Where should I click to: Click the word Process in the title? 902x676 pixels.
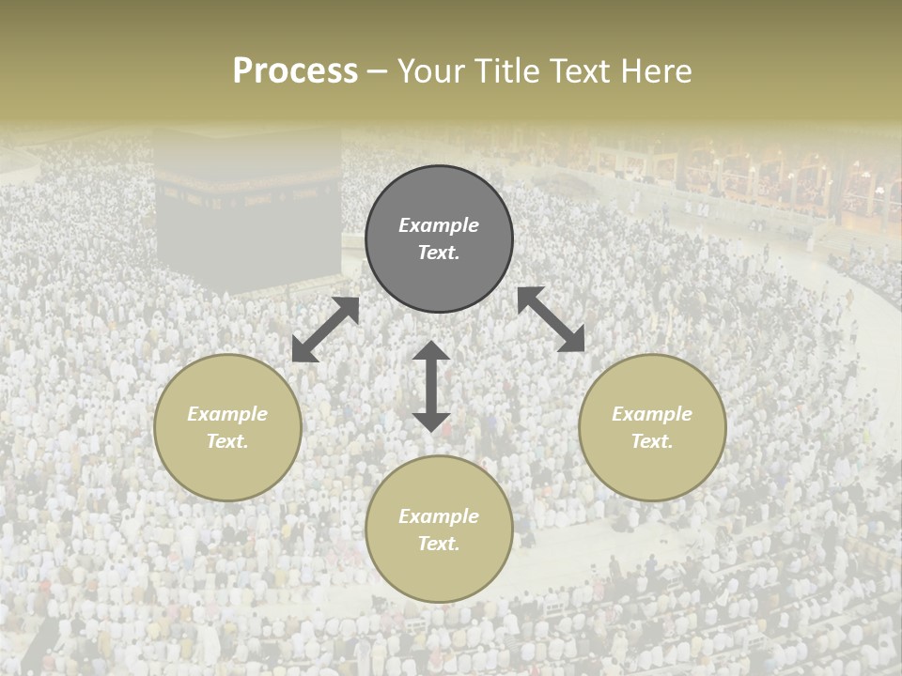tap(295, 71)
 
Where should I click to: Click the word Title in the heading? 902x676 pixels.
tap(502, 71)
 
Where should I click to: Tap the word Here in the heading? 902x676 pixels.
tap(654, 71)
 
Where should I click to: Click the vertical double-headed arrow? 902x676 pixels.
tap(431, 386)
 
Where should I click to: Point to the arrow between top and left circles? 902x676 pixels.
tap(326, 330)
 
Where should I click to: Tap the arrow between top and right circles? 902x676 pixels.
tap(551, 319)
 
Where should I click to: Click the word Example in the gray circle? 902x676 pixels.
tap(439, 225)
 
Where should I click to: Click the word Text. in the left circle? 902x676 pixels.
tap(227, 441)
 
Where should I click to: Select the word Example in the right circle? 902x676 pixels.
tap(652, 414)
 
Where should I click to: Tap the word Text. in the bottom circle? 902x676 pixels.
tap(439, 544)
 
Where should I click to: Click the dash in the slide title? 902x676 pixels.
tap(378, 71)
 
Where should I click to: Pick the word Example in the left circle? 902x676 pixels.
tap(227, 414)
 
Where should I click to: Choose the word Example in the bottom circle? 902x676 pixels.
tap(439, 516)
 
